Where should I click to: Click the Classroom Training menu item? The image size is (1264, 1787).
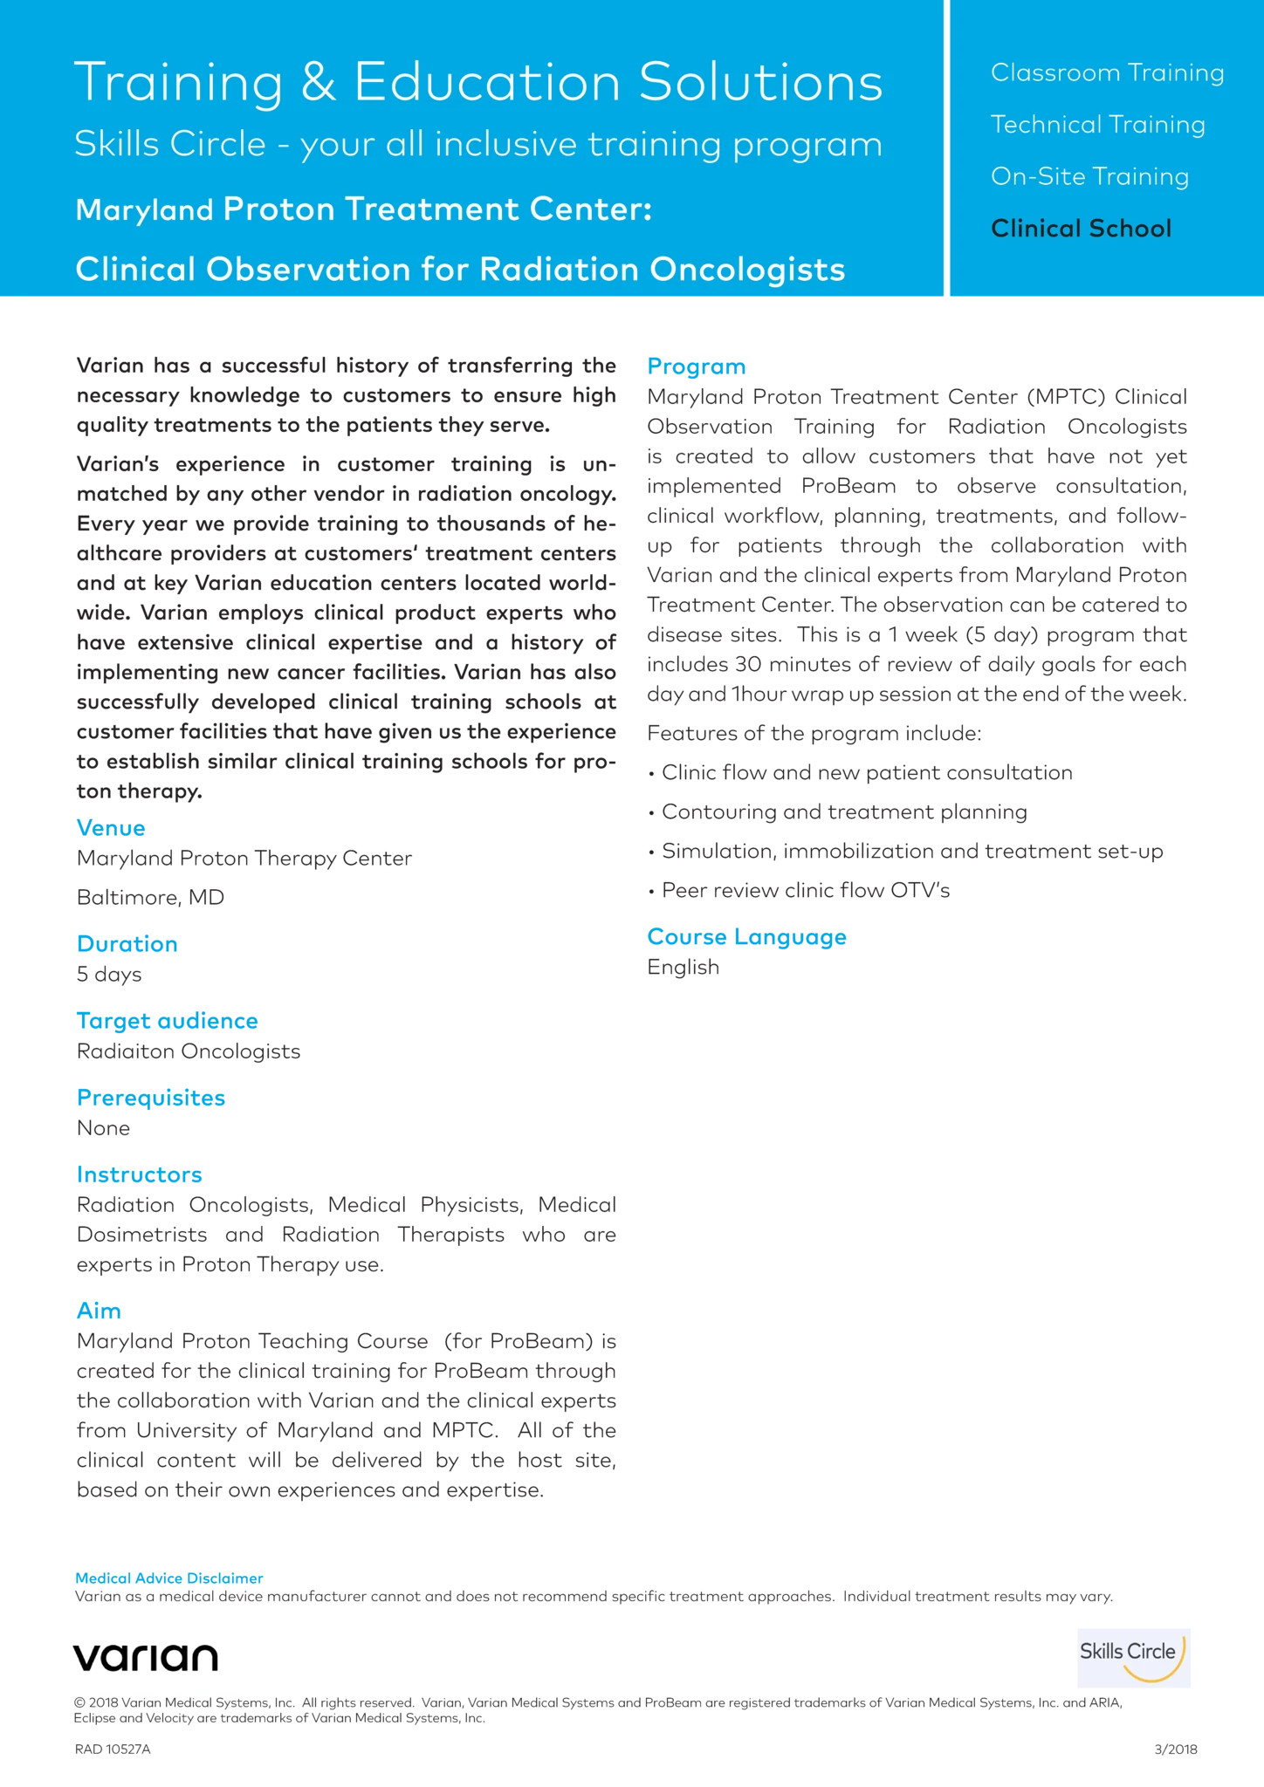pyautogui.click(x=1107, y=73)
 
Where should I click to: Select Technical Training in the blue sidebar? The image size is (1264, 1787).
pyautogui.click(x=1097, y=126)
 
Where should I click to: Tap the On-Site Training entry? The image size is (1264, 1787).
pyautogui.click(x=1089, y=177)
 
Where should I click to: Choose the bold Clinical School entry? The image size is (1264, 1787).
pyautogui.click(x=1081, y=229)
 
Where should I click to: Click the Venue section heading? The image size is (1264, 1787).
pyautogui.click(x=111, y=828)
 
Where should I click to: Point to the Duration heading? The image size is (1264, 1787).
pyautogui.click(x=127, y=944)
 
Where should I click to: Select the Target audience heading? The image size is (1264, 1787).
pyautogui.click(x=168, y=1021)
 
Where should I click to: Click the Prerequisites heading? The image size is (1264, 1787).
pyautogui.click(x=151, y=1098)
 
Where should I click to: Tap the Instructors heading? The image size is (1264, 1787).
pyautogui.click(x=140, y=1174)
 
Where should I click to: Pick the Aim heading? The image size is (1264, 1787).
pyautogui.click(x=99, y=1311)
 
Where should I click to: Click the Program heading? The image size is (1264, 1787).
pyautogui.click(x=697, y=366)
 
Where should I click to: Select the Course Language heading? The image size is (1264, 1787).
pyautogui.click(x=746, y=937)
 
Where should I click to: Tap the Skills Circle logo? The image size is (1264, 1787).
pyautogui.click(x=1133, y=1657)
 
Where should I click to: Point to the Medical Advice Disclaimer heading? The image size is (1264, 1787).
pyautogui.click(x=169, y=1578)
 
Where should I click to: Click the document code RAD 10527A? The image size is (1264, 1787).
pyautogui.click(x=113, y=1749)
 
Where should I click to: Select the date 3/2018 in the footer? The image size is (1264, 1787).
pyautogui.click(x=1175, y=1749)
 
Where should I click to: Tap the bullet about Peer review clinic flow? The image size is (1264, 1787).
pyautogui.click(x=805, y=891)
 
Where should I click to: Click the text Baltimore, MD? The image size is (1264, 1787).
pyautogui.click(x=150, y=898)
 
